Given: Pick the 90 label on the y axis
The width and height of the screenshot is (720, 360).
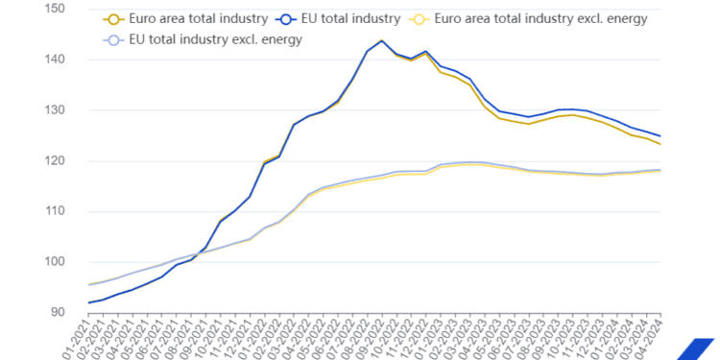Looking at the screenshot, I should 58,313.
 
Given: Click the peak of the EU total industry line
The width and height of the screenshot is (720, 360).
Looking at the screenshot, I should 383,41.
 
